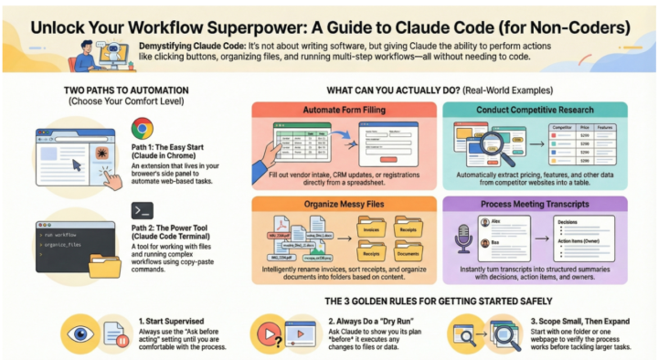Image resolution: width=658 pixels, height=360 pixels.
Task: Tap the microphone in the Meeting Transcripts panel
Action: click(x=463, y=242)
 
